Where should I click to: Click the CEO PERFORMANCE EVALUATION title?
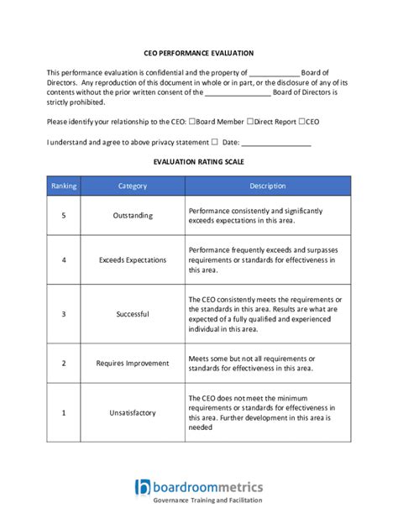pos(198,52)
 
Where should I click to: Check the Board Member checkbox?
pos(193,122)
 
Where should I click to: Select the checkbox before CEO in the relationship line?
pos(301,122)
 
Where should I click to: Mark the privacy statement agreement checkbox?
pos(215,142)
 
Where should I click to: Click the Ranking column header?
pos(64,186)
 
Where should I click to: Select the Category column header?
pos(133,186)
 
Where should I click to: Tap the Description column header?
pos(267,186)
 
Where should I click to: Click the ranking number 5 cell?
pos(64,216)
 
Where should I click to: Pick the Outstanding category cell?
pos(133,216)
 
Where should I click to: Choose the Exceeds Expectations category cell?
pos(133,260)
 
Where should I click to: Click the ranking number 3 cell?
pos(64,314)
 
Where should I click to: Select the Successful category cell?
pos(133,314)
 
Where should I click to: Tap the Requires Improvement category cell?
pos(133,364)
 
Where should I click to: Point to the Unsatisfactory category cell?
pos(133,412)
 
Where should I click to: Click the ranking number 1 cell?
pos(64,412)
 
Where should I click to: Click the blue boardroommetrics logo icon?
pos(142,487)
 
